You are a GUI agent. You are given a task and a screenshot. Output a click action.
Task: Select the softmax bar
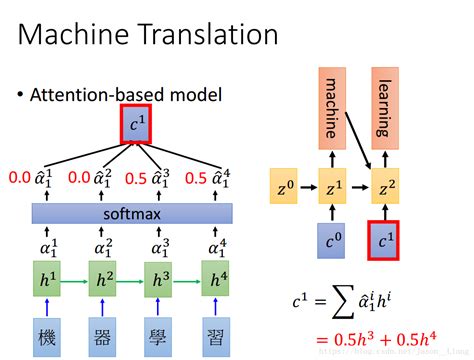tap(132, 214)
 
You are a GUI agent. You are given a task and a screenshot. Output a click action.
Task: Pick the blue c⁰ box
tap(333, 240)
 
